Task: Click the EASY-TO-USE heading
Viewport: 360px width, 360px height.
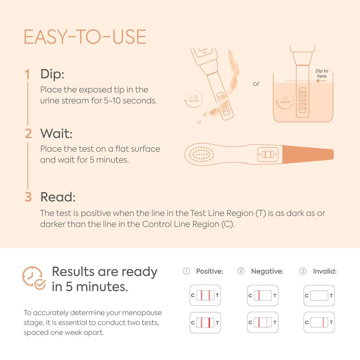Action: [85, 37]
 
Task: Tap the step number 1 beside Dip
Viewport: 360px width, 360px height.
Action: [27, 74]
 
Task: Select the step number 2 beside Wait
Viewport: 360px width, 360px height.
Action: [28, 133]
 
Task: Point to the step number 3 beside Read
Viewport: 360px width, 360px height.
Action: [28, 197]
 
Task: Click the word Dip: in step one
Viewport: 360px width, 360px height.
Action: [52, 74]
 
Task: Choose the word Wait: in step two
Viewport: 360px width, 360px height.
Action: [57, 133]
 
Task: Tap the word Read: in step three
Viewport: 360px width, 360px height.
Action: [58, 197]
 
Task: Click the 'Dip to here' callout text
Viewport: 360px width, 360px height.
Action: [322, 73]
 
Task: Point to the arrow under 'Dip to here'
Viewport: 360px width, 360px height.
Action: [321, 81]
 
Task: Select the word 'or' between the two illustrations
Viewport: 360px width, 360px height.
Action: [256, 84]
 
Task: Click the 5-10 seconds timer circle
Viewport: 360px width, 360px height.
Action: [193, 99]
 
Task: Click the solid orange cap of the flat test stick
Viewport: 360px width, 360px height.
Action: [308, 154]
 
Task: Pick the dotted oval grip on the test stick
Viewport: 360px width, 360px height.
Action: [201, 154]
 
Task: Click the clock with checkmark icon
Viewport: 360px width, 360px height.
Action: [33, 278]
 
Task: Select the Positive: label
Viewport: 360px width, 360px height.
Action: [210, 271]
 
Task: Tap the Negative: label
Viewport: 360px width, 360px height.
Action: [267, 271]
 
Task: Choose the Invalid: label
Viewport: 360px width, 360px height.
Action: [324, 271]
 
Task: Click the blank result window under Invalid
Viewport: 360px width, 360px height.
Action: [319, 296]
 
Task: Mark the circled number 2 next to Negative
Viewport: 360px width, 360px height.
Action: [241, 271]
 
